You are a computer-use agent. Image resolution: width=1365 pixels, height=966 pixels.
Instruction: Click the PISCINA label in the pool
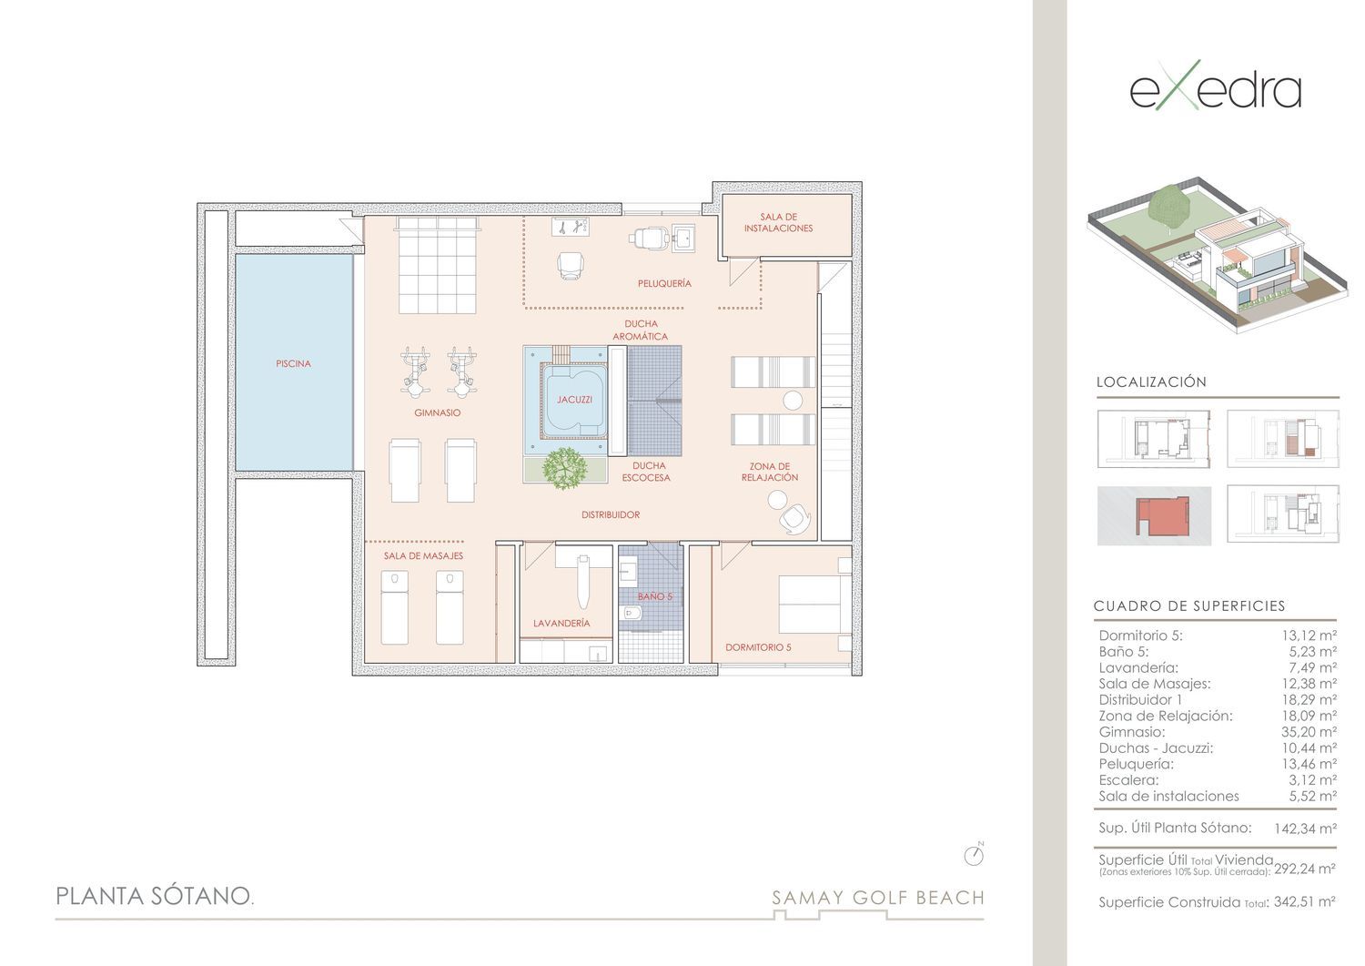[293, 363]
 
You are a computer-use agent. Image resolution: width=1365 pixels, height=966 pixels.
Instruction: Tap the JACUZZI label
[574, 400]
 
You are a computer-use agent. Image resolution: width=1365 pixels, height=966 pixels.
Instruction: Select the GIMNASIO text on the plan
[437, 412]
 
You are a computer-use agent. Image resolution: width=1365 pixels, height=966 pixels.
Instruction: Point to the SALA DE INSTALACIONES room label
[778, 222]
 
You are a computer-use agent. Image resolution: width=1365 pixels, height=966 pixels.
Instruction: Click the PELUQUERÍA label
[664, 283]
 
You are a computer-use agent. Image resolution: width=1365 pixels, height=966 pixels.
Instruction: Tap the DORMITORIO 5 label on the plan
[758, 647]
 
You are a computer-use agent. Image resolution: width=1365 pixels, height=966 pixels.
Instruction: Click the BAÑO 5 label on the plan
[654, 596]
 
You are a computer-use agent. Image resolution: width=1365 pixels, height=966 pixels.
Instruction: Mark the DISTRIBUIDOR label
[611, 514]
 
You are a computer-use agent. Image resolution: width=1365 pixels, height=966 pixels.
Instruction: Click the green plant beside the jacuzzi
[565, 468]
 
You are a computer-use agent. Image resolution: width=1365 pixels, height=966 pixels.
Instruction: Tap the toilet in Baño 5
[629, 613]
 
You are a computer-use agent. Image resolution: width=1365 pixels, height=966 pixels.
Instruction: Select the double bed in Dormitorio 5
[814, 605]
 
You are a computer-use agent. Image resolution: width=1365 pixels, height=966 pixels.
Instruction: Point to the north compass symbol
[974, 855]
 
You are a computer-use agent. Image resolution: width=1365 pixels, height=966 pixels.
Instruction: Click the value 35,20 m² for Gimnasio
[1309, 732]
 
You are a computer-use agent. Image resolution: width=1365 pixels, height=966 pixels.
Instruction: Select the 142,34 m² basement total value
[1305, 829]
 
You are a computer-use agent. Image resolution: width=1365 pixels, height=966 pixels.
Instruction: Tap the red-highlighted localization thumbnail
[1154, 516]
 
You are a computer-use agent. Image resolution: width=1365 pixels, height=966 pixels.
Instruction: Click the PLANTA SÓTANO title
[155, 896]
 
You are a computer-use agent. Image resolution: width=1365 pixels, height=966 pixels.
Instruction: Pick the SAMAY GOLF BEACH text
[878, 898]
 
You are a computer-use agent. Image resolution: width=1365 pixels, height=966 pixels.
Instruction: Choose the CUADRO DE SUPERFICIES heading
[1189, 606]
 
